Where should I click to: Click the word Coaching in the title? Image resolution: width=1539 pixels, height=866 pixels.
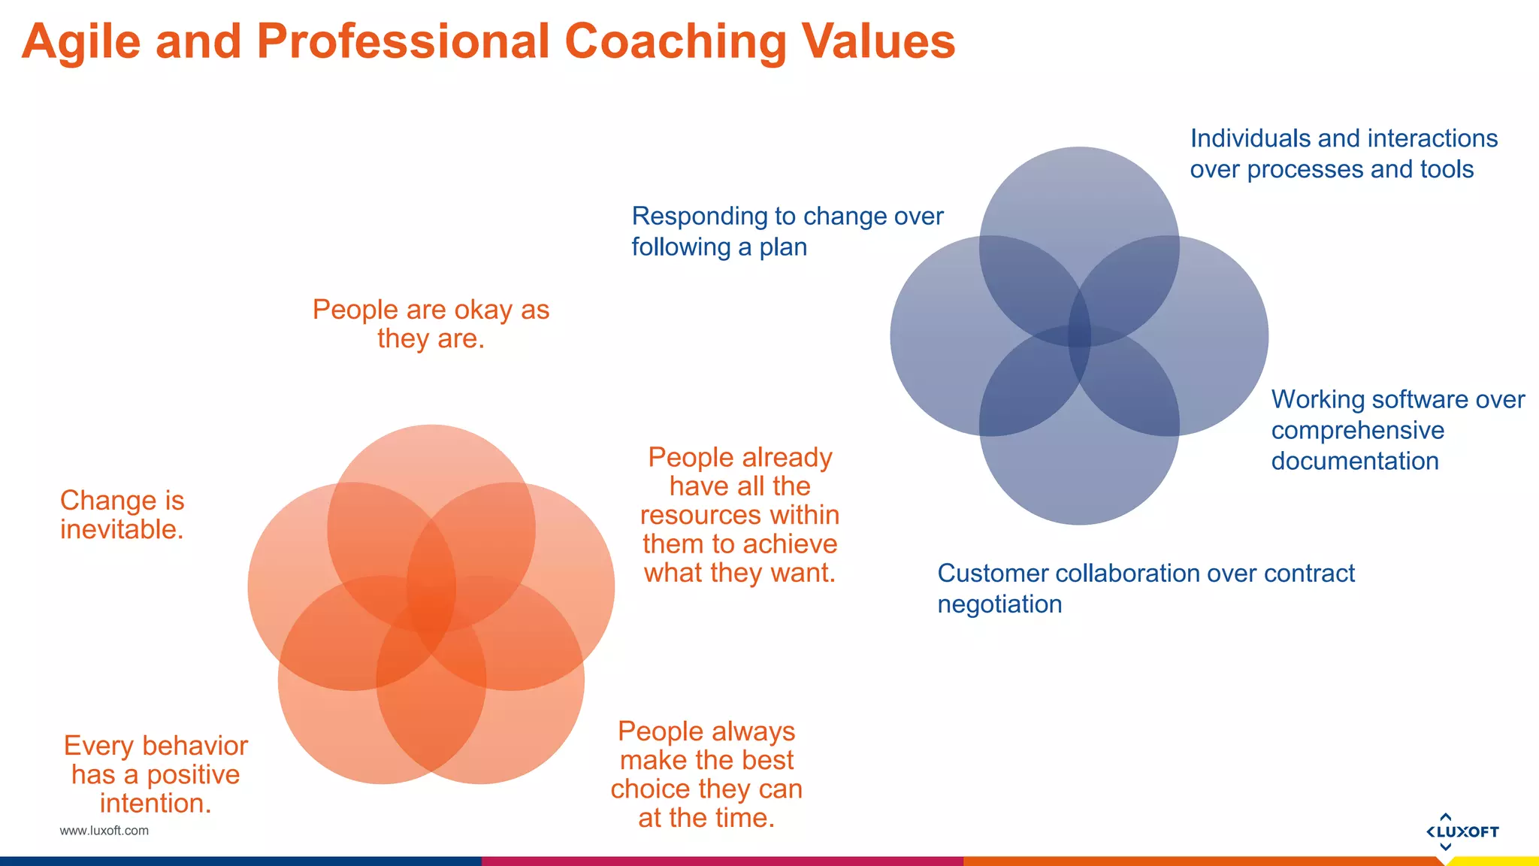675,42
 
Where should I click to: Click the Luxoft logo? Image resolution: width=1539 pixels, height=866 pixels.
1462,831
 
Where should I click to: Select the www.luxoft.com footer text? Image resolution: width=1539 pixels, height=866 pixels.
104,831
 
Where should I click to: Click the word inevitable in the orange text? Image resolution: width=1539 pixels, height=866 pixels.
120,530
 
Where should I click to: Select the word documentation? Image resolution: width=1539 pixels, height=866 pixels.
1354,461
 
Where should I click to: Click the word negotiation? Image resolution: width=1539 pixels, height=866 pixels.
999,604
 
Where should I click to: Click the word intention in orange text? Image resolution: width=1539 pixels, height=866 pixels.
153,804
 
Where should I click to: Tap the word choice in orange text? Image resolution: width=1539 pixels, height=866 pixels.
650,789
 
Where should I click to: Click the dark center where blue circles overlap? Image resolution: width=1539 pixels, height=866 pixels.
1079,336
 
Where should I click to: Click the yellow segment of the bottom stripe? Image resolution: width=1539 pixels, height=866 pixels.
1495,861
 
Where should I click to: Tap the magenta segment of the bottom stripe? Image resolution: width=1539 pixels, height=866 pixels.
721,861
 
